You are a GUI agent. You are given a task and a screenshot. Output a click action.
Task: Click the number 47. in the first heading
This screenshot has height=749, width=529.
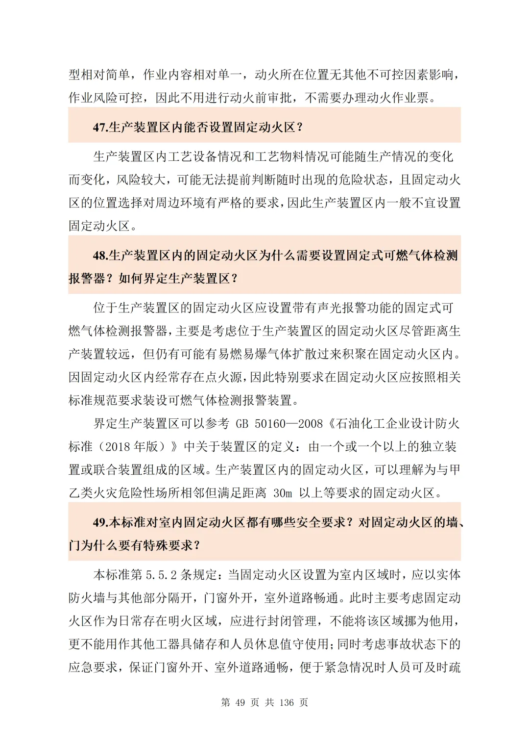point(100,128)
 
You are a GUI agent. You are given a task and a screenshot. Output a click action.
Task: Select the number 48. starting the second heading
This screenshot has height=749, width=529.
point(100,256)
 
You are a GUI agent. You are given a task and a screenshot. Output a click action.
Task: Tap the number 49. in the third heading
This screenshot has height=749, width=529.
point(100,522)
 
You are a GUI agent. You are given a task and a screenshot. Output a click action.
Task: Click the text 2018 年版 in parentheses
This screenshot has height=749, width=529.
point(132,447)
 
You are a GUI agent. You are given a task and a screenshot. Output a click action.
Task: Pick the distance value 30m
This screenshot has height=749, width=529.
point(283,493)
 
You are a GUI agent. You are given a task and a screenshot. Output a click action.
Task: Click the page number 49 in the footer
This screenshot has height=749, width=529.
point(240,703)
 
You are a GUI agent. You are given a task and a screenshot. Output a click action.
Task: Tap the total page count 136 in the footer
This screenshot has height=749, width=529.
point(287,703)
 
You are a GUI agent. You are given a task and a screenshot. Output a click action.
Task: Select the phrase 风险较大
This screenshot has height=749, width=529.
point(141,180)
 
